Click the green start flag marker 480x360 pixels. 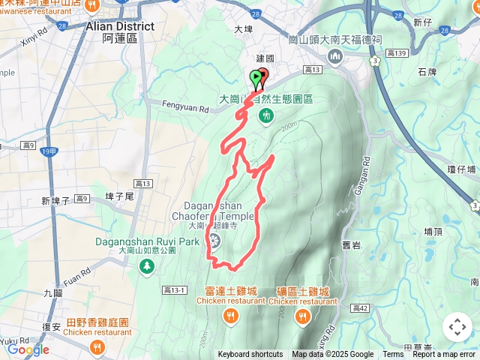[255, 76]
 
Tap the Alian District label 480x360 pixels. [120, 26]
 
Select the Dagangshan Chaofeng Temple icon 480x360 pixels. [215, 241]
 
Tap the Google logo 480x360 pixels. [28, 349]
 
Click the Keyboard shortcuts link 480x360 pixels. [250, 355]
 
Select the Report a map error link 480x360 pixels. [444, 355]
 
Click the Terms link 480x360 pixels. [393, 355]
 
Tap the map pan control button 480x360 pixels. [457, 327]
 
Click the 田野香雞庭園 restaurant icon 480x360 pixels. [97, 346]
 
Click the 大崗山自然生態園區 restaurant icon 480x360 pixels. [266, 115]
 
